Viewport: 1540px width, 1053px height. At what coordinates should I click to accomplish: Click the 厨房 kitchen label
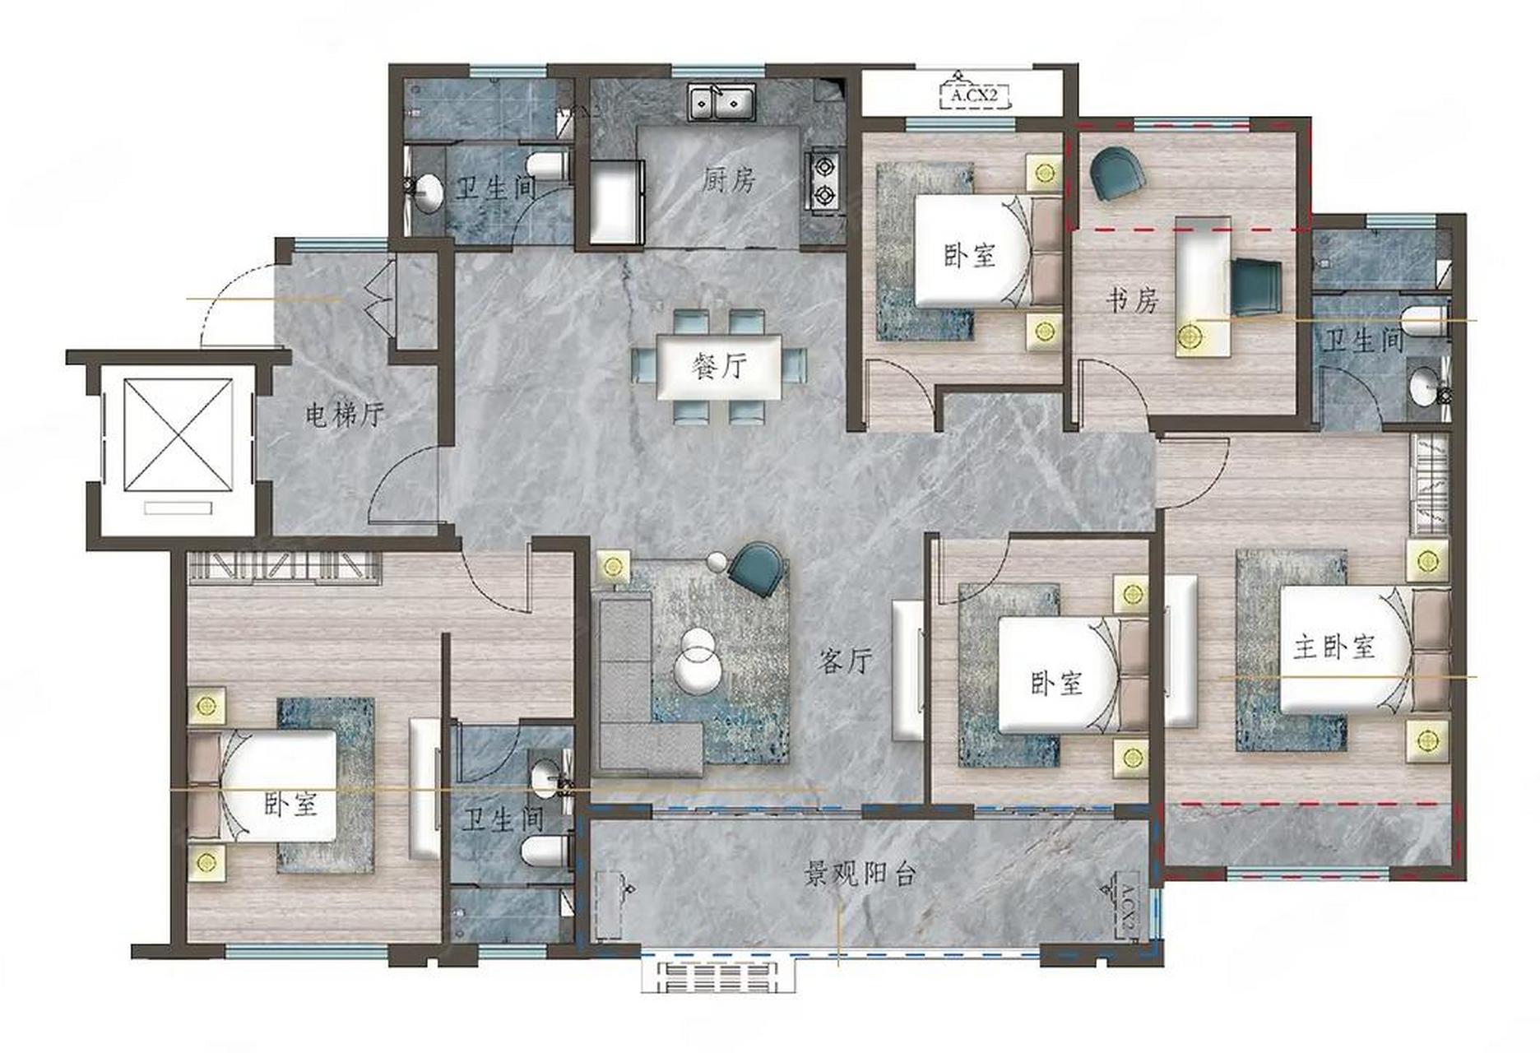coord(729,180)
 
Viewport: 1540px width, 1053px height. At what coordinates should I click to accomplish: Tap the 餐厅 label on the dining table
coord(721,365)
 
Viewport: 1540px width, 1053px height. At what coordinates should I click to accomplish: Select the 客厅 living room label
coord(845,660)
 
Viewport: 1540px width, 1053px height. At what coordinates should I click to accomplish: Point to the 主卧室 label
coord(1334,647)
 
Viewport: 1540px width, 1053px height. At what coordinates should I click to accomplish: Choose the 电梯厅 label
coord(345,415)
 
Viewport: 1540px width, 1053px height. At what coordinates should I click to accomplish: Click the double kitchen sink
coord(722,103)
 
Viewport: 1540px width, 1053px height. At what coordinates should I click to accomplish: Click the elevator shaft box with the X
coord(178,434)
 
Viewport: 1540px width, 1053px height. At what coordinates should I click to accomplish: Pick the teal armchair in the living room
coord(758,568)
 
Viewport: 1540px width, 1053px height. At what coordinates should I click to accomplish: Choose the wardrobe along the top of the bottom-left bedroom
coord(285,567)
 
